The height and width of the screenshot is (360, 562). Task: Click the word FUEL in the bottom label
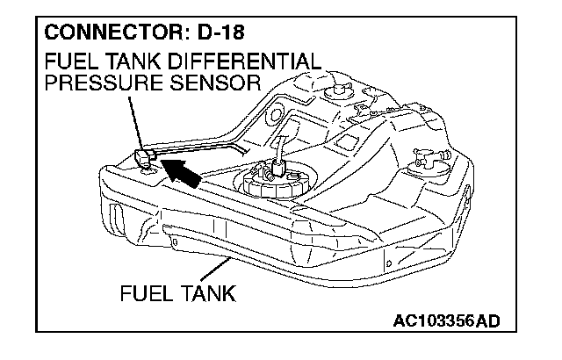click(x=142, y=292)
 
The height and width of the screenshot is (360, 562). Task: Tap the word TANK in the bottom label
click(x=205, y=292)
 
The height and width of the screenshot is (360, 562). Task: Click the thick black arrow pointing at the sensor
click(x=179, y=172)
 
